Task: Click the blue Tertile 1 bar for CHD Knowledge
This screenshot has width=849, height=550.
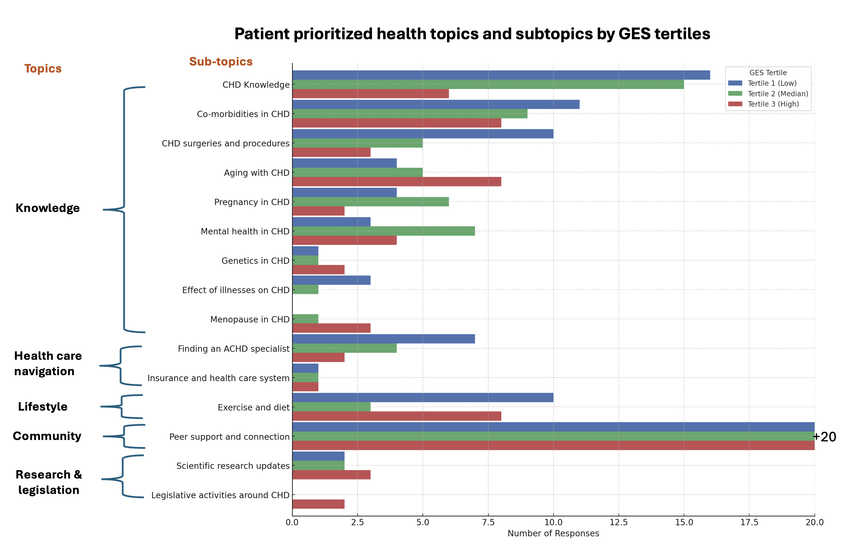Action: [x=501, y=75]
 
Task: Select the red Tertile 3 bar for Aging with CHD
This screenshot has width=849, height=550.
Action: [x=397, y=182]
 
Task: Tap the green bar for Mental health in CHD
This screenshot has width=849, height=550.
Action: [x=383, y=231]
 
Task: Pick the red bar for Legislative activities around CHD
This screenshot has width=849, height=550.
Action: [x=318, y=504]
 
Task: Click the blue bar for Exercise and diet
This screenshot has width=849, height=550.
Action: [x=423, y=398]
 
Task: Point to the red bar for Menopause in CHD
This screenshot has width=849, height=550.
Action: [x=331, y=328]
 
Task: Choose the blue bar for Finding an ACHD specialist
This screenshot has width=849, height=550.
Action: [x=383, y=339]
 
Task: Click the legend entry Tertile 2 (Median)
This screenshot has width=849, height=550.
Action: [x=777, y=94]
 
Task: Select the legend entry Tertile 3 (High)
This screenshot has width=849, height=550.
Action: [x=773, y=104]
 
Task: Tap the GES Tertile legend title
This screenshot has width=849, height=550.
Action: [x=768, y=73]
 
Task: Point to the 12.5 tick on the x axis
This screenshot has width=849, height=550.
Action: [x=619, y=523]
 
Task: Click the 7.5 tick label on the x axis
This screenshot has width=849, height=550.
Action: [x=488, y=523]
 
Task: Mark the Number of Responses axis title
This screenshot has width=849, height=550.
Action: [x=553, y=534]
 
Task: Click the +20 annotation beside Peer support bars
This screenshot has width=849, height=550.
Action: [x=825, y=437]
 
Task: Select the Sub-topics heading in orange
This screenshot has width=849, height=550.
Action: [x=221, y=62]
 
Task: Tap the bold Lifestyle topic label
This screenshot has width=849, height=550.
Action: [x=43, y=407]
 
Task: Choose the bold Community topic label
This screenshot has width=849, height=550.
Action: [x=47, y=436]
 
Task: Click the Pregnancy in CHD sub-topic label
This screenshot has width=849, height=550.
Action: [x=251, y=202]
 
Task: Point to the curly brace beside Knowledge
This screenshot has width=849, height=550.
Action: [x=124, y=209]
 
